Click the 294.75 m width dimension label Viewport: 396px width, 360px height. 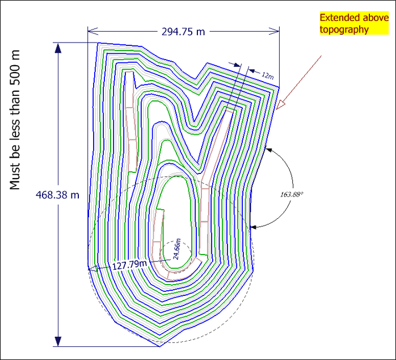(183, 32)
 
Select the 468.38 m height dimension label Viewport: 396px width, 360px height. (57, 195)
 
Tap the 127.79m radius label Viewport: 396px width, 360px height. (129, 265)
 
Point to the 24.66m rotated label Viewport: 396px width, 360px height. (176, 249)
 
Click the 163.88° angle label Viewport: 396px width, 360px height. (292, 194)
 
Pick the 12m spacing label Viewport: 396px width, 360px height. (267, 75)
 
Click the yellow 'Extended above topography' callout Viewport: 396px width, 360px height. (354, 23)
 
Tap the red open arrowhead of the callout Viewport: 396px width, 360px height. (280, 105)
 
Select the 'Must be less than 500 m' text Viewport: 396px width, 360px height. (15, 120)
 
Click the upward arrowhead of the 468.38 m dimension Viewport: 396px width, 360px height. (58, 48)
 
